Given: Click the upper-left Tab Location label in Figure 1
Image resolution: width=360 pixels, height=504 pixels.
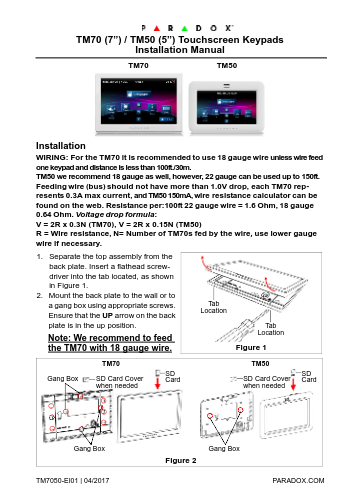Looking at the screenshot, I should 213,307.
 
